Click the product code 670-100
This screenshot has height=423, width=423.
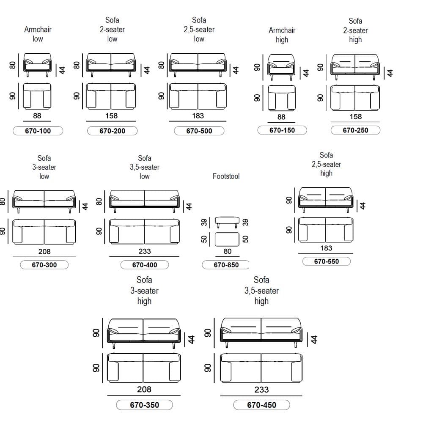tap(38, 131)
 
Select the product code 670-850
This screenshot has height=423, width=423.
tap(226, 265)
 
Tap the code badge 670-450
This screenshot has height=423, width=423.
tap(261, 405)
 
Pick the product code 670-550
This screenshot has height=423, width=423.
tap(327, 261)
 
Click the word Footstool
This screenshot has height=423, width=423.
tap(226, 176)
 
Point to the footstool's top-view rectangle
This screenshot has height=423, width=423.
tap(227, 239)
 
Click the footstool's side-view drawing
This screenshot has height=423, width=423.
tap(227, 222)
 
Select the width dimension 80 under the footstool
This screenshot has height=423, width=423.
tap(228, 251)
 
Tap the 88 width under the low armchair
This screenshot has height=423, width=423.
tap(37, 116)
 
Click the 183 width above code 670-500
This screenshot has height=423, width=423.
tap(198, 116)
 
